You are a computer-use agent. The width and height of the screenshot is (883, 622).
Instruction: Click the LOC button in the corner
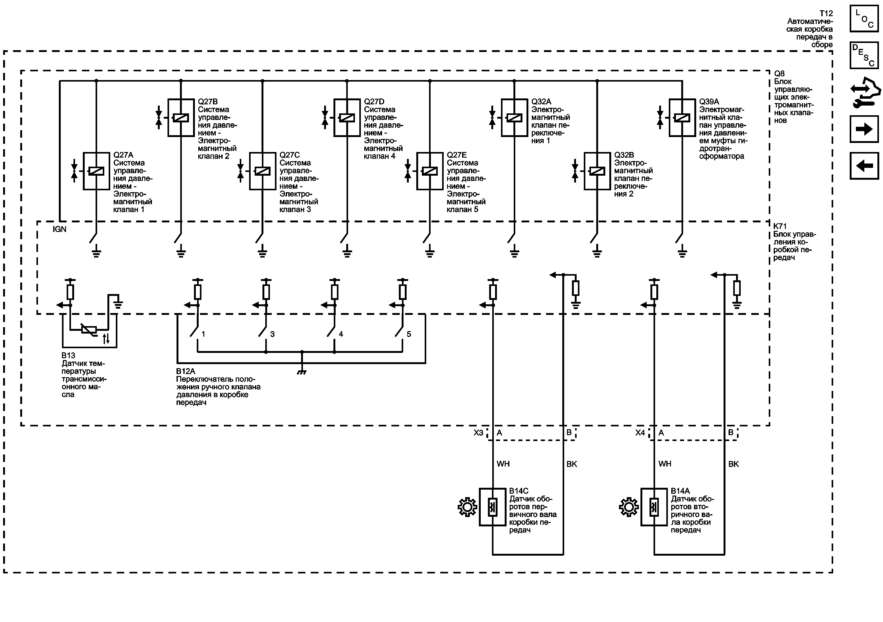pos(864,18)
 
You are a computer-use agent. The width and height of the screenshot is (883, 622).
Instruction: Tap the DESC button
pos(864,55)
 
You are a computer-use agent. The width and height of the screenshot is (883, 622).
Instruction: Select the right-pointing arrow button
pos(864,129)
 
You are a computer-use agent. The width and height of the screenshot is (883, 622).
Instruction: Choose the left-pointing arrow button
pos(864,166)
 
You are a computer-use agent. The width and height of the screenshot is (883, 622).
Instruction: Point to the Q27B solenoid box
pos(181,118)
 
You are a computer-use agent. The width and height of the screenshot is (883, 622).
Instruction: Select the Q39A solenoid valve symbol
pos(682,118)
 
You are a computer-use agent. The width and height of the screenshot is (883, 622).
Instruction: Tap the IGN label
pos(59,229)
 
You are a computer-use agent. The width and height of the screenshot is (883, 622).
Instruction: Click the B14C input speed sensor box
pos(493,507)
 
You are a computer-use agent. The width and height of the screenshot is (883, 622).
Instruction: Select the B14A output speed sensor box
pos(654,507)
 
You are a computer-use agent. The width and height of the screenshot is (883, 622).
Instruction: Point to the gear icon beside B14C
pos(467,507)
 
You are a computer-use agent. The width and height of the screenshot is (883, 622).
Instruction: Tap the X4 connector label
pos(640,433)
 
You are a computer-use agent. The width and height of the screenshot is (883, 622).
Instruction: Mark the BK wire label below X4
pos(734,464)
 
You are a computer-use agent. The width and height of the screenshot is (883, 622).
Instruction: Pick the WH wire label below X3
pos(503,464)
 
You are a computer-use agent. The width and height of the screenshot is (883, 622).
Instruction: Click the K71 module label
pos(780,226)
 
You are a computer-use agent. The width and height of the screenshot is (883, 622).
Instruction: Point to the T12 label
pos(826,13)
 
